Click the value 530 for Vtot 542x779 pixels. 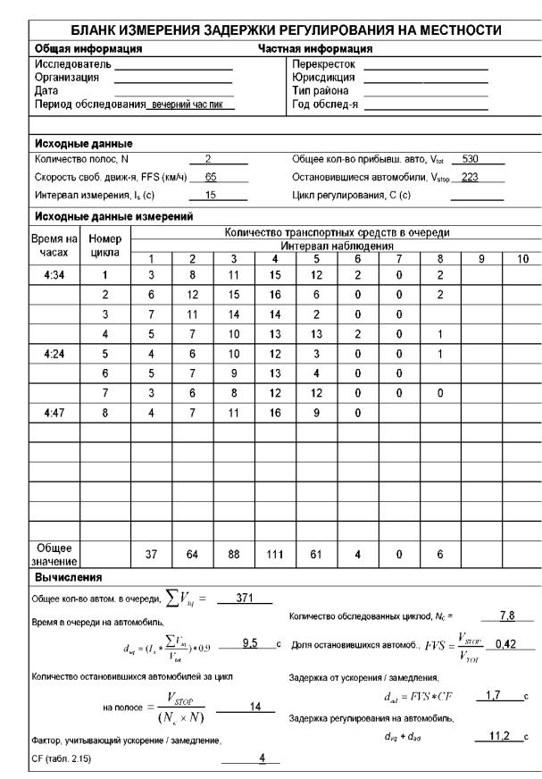[x=474, y=158]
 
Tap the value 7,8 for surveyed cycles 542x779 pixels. [x=512, y=616]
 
